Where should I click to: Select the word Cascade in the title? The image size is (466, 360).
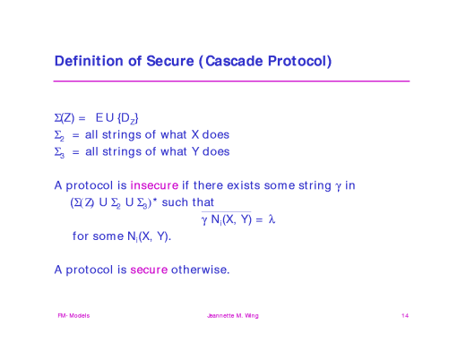click(237, 62)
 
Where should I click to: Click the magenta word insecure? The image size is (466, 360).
click(154, 185)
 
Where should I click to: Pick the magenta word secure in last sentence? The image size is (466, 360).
click(149, 269)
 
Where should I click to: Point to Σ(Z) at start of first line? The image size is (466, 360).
click(65, 117)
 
